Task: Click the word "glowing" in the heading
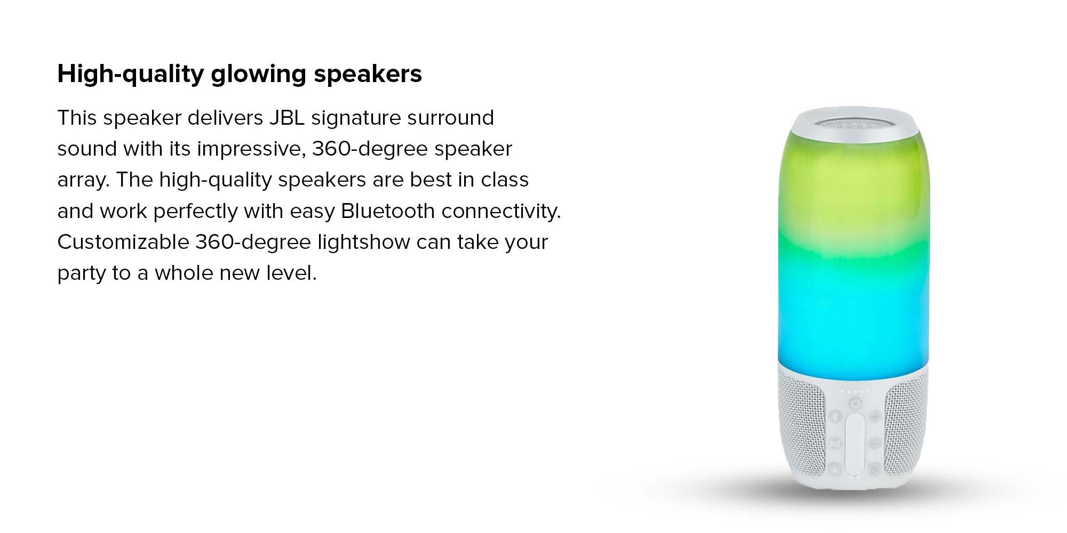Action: pyautogui.click(x=258, y=75)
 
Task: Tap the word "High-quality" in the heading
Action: pyautogui.click(x=131, y=75)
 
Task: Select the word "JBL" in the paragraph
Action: pyautogui.click(x=286, y=118)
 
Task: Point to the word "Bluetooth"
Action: pyautogui.click(x=388, y=211)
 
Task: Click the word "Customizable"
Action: pyautogui.click(x=123, y=242)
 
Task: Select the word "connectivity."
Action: pyautogui.click(x=501, y=211)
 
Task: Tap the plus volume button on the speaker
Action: pyautogui.click(x=875, y=416)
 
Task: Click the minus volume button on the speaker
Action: pyautogui.click(x=875, y=442)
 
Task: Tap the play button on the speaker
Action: pyautogui.click(x=874, y=469)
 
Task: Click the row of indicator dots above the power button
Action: pyautogui.click(x=855, y=392)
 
